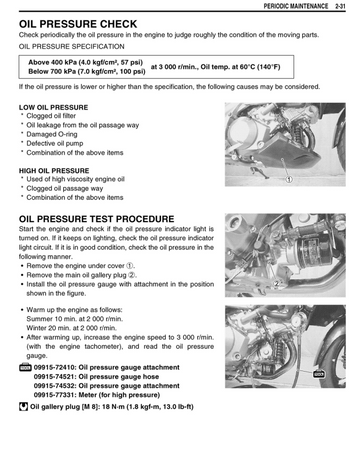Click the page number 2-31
[340, 6]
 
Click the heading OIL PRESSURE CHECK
[78, 24]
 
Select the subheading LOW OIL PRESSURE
[54, 107]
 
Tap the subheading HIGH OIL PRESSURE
[54, 171]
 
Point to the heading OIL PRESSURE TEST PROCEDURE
[97, 219]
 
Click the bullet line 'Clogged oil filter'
[51, 116]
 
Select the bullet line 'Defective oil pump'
[55, 143]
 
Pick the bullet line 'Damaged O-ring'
[52, 134]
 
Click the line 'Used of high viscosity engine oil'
[75, 179]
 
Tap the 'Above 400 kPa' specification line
[85, 62]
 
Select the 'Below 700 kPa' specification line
[87, 71]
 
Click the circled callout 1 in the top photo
[289, 179]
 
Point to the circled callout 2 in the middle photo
[276, 284]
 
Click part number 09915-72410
[55, 367]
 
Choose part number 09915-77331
[55, 395]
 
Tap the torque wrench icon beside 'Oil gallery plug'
[23, 407]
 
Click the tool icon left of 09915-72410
[25, 367]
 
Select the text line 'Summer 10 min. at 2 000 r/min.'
[75, 319]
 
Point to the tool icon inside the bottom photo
[319, 374]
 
